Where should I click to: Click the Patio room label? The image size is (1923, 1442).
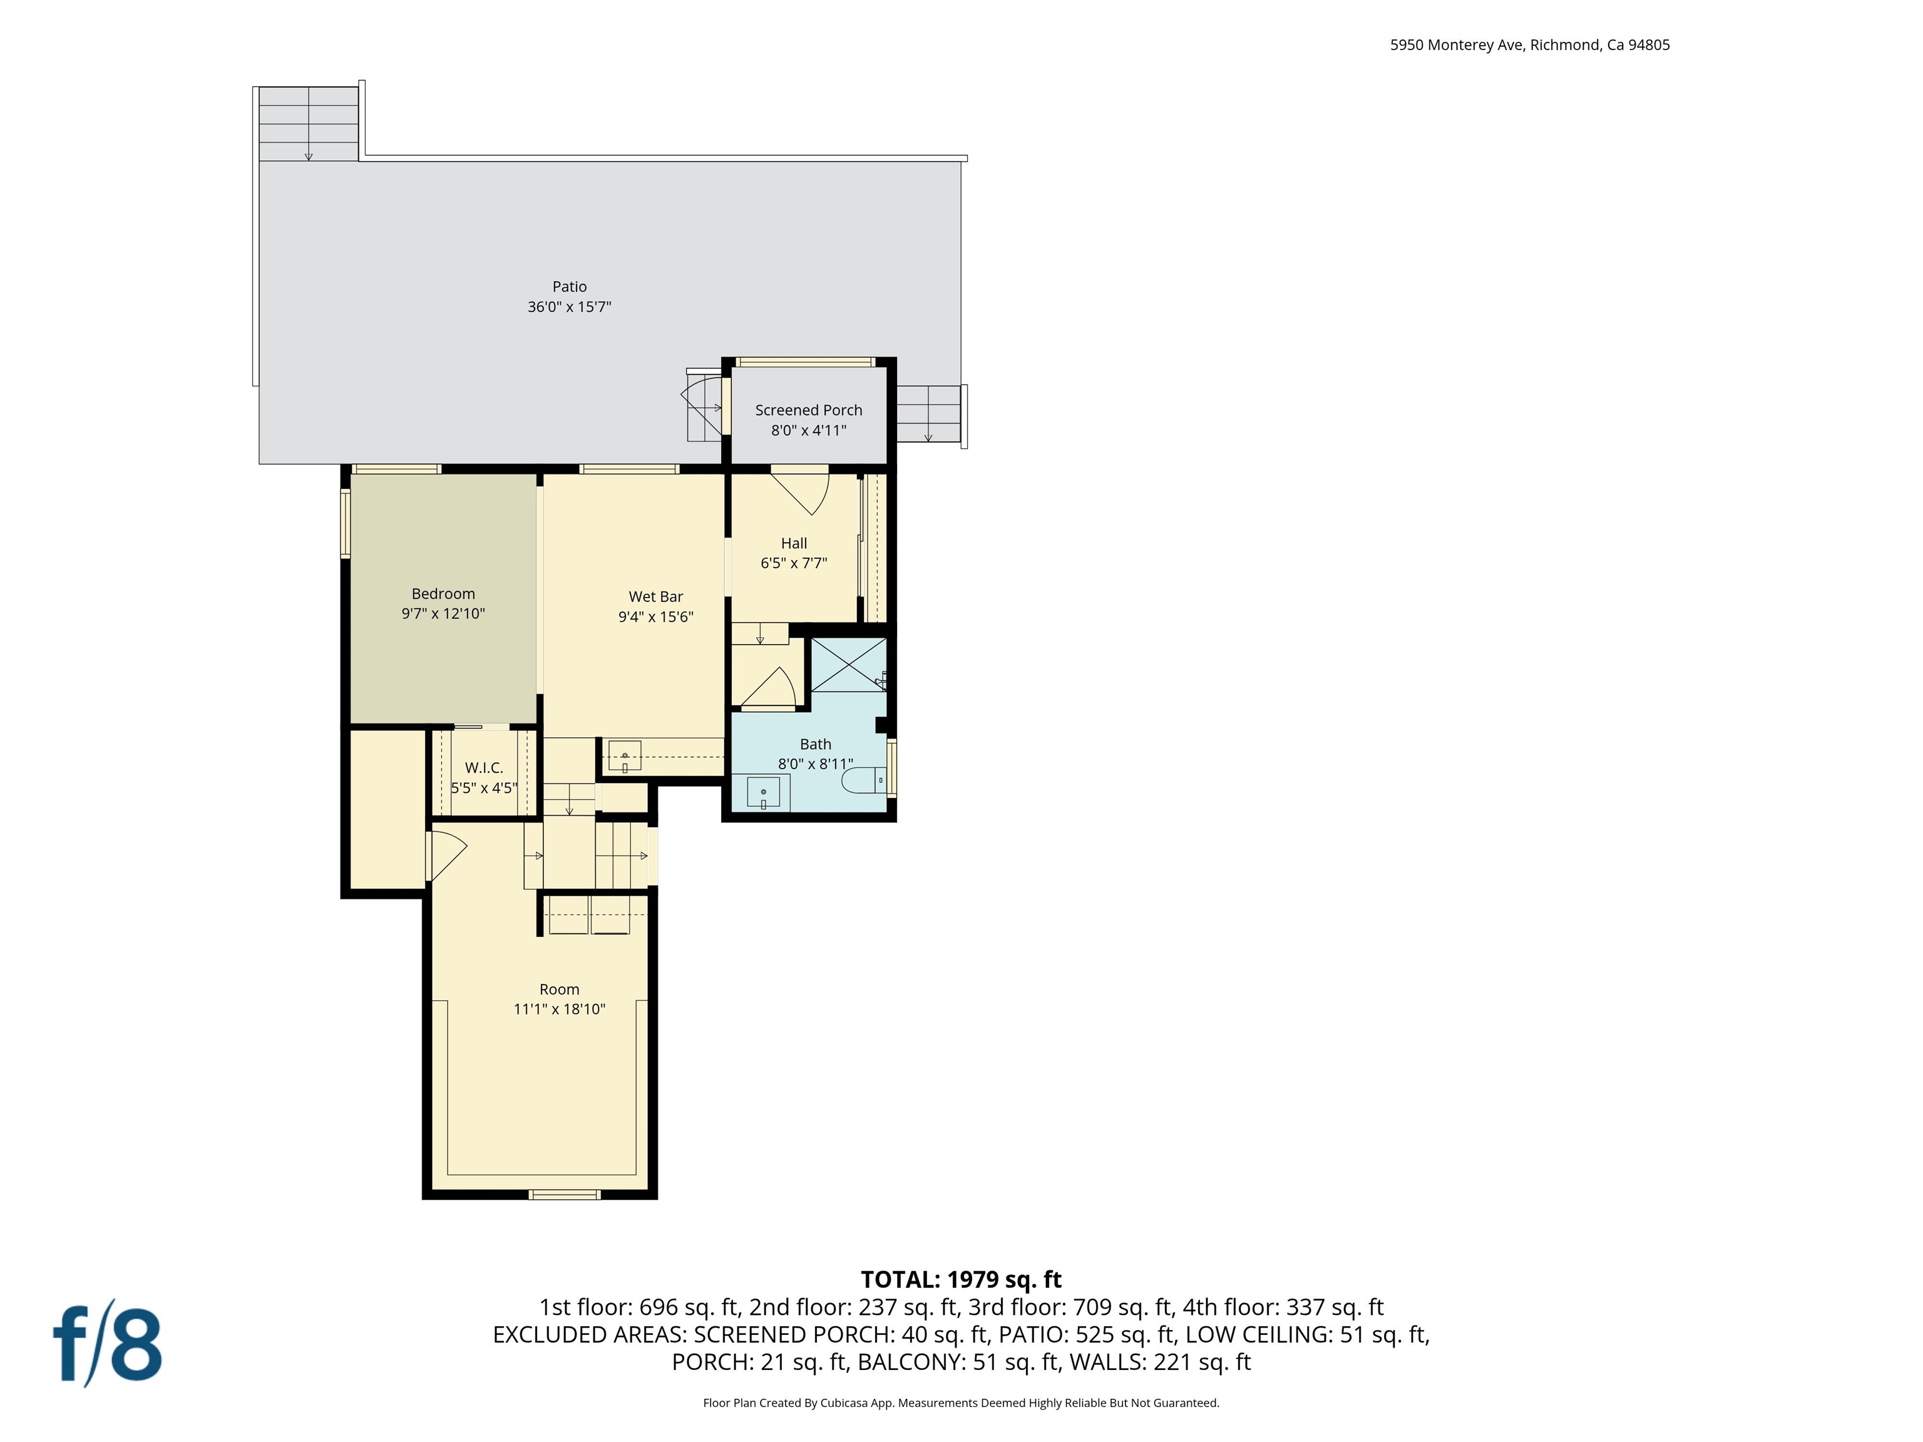(x=570, y=287)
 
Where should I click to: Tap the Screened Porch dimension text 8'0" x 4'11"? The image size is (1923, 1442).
(x=809, y=430)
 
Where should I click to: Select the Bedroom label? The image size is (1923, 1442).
(x=443, y=594)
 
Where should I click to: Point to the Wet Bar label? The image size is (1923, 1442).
(x=655, y=596)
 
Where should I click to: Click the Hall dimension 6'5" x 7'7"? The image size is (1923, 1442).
(x=794, y=563)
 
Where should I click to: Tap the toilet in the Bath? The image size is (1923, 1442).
(x=865, y=780)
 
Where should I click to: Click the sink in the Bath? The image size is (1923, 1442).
(x=763, y=792)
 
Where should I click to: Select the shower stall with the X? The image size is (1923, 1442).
(x=848, y=665)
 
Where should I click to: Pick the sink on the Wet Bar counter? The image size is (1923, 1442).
(x=624, y=755)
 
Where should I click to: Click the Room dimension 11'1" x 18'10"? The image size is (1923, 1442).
(x=559, y=1009)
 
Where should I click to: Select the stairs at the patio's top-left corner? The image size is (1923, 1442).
(x=309, y=123)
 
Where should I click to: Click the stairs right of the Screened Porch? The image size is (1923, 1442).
(x=928, y=414)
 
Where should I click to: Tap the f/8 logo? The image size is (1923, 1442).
(x=108, y=1346)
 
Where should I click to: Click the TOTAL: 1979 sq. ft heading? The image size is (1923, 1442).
(x=961, y=1279)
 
